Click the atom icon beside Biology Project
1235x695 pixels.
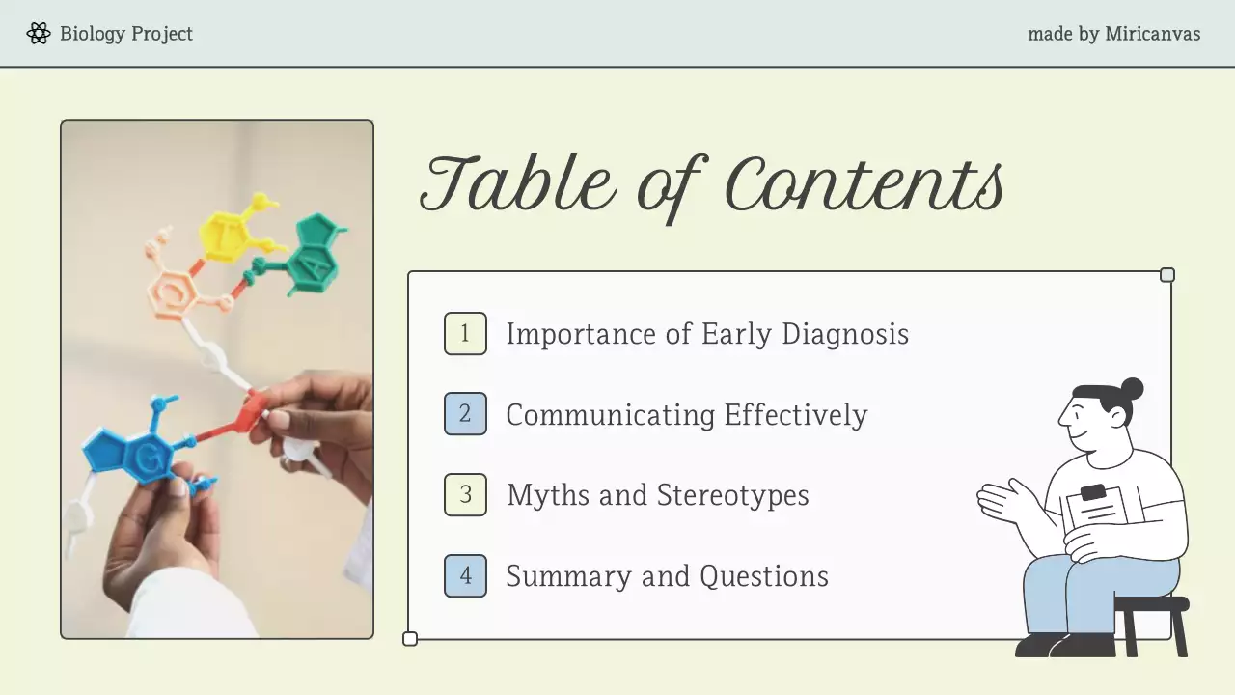pyautogui.click(x=39, y=34)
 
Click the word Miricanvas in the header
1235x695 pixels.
pyautogui.click(x=1152, y=34)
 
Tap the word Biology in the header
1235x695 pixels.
pyautogui.click(x=93, y=34)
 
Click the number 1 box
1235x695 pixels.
pyautogui.click(x=465, y=334)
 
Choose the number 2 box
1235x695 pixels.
pyautogui.click(x=465, y=414)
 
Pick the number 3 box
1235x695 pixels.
pyautogui.click(x=465, y=495)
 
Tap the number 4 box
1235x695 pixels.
pyautogui.click(x=465, y=576)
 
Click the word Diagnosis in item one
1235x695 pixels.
pyautogui.click(x=844, y=334)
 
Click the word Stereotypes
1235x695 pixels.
pyautogui.click(x=732, y=495)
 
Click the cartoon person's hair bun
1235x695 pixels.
pyautogui.click(x=1132, y=389)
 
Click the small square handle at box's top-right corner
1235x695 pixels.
pyautogui.click(x=1167, y=275)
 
